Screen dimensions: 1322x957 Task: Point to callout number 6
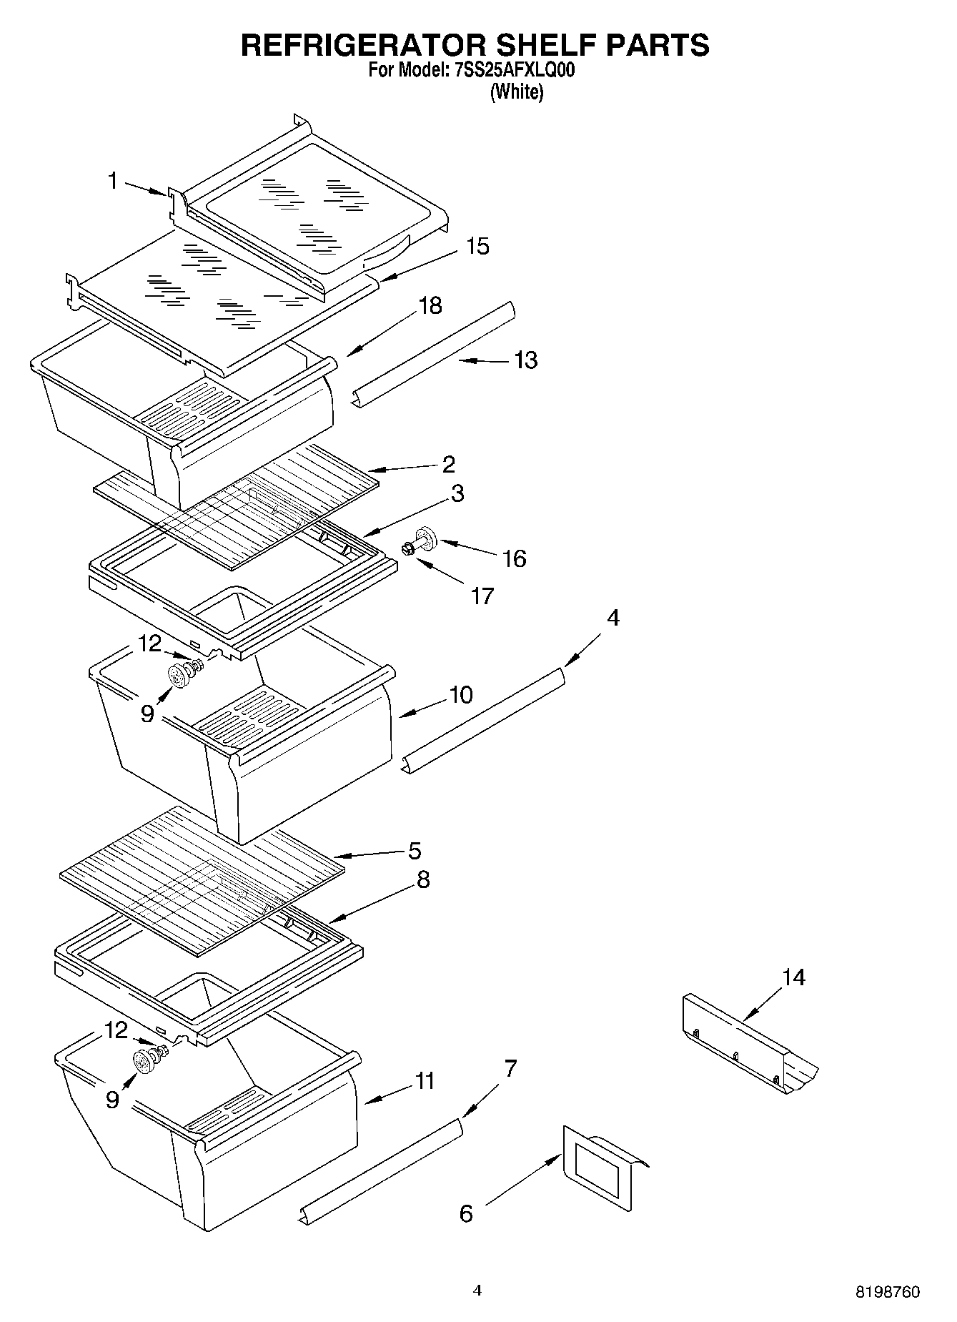(x=466, y=1213)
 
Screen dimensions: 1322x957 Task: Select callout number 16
(x=515, y=558)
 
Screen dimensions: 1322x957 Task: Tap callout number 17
(x=482, y=596)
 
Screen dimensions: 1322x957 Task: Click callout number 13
(x=526, y=360)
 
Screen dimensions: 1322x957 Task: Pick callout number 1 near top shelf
(x=112, y=181)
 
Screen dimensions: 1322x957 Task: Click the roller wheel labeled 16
(x=427, y=538)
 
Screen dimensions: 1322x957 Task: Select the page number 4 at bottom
(x=477, y=1290)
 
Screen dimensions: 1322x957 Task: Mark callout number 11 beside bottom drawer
(x=425, y=1080)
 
